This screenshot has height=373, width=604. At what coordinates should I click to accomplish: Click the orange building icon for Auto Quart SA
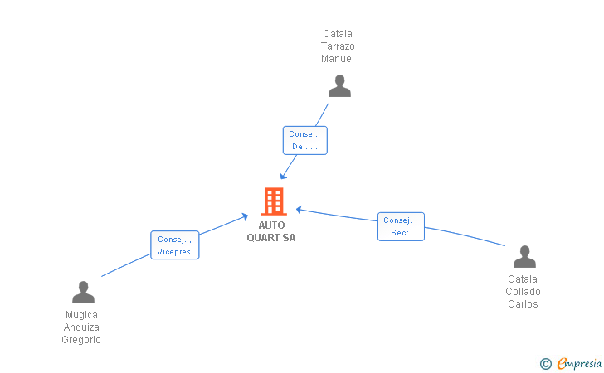(273, 201)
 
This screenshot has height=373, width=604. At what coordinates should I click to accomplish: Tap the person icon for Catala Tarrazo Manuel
(339, 86)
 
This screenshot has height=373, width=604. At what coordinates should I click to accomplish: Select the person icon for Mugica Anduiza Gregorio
(83, 293)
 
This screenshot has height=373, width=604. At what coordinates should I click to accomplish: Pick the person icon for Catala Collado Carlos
(524, 257)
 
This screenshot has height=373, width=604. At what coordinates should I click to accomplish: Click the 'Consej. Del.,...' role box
(304, 140)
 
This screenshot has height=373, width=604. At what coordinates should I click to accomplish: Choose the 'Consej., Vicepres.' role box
(174, 245)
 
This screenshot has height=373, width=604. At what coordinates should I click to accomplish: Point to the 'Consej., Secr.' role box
(401, 226)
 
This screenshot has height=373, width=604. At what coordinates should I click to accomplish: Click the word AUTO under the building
(271, 225)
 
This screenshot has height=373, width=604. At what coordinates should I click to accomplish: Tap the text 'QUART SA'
(271, 238)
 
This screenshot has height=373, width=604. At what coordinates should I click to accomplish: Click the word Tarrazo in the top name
(338, 46)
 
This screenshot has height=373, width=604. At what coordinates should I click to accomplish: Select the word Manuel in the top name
(338, 59)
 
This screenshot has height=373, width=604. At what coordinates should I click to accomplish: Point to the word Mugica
(81, 315)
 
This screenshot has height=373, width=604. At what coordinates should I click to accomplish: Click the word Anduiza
(81, 327)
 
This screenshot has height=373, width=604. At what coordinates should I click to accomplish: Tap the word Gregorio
(81, 340)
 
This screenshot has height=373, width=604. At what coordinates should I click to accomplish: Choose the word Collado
(523, 292)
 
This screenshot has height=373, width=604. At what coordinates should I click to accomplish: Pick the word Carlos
(523, 304)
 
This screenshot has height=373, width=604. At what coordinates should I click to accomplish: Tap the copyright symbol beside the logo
(545, 363)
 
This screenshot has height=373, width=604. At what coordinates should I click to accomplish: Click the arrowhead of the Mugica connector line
(245, 216)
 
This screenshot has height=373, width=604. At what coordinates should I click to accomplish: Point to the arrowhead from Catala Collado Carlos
(300, 209)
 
